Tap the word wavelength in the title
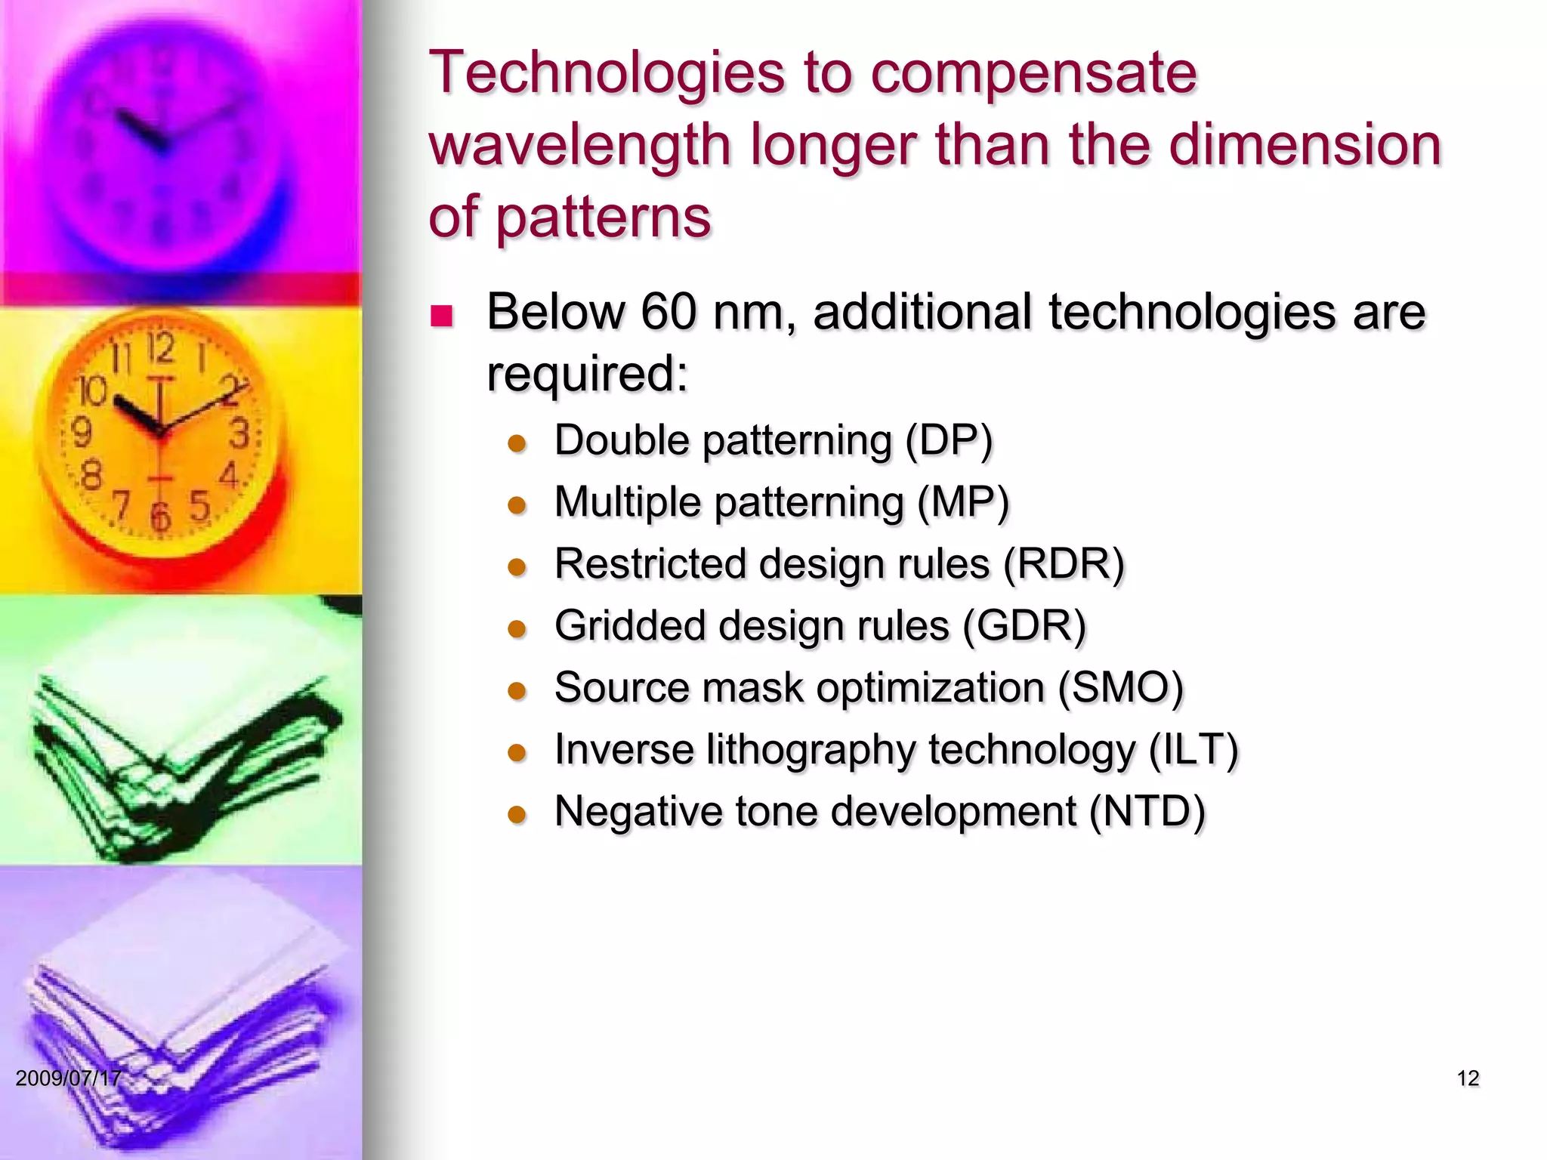580,145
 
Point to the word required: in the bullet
587,372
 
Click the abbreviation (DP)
949,440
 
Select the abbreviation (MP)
963,502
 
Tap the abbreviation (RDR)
1064,564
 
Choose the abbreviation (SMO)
1120,688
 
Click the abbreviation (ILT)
1193,750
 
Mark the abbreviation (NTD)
1147,812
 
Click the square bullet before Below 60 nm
440,315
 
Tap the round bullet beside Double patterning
517,443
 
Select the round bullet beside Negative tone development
517,815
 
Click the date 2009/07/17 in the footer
68,1078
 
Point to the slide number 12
1467,1078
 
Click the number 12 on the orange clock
161,348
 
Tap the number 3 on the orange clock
239,434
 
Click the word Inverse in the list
624,750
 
